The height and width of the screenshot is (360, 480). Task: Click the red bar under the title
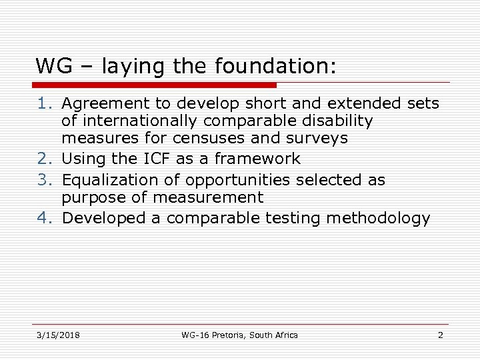[155, 85]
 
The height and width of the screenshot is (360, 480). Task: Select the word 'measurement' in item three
[207, 198]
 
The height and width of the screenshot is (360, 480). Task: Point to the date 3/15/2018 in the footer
[58, 335]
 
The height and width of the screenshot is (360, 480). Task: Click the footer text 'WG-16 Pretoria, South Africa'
[239, 335]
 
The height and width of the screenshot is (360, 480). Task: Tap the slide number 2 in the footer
[440, 335]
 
